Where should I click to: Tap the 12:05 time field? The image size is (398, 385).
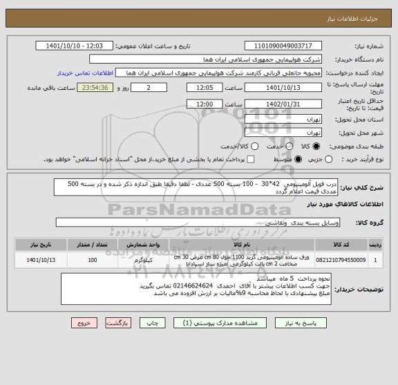click(205, 88)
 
